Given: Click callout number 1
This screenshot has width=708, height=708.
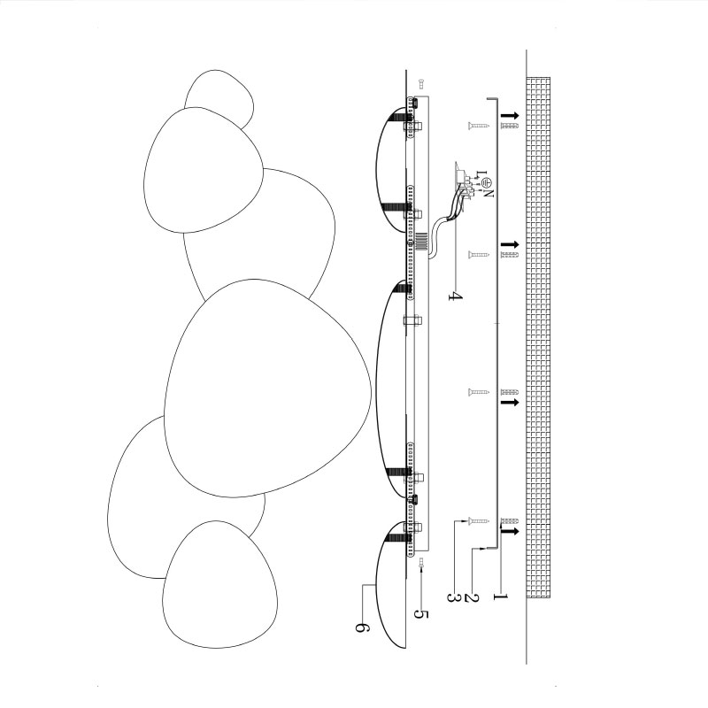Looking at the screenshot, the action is [x=500, y=596].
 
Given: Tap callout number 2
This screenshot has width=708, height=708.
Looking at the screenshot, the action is [x=471, y=597].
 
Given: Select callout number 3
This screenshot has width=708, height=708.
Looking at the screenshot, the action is [x=454, y=597].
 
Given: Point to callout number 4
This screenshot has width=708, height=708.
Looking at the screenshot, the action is [x=455, y=296].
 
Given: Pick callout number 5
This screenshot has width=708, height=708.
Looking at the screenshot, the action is [x=421, y=614].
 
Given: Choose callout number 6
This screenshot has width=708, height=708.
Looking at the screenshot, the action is [x=362, y=627].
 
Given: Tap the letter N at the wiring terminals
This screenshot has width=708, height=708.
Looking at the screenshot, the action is [x=489, y=193].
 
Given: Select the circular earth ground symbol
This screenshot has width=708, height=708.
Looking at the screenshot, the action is [x=486, y=183].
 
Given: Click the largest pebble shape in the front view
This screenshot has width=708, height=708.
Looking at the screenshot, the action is [x=267, y=389].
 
